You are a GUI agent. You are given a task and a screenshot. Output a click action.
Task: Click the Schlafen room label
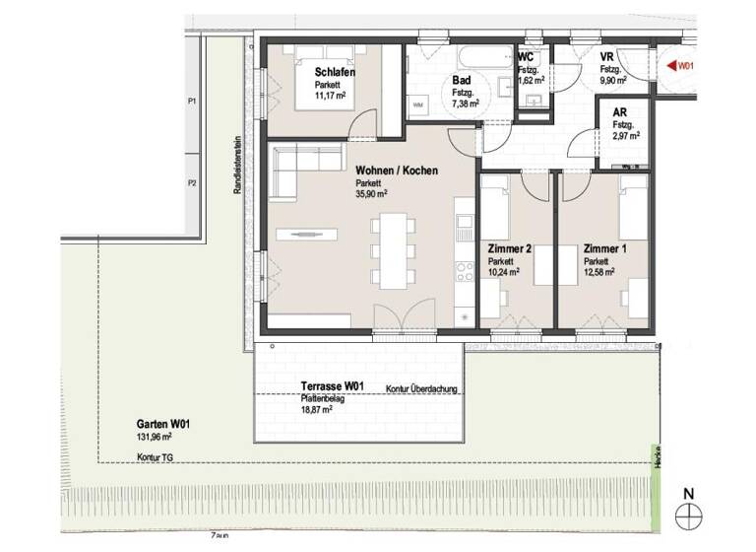(335, 73)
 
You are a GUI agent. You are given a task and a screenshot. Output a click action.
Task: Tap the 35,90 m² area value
(371, 195)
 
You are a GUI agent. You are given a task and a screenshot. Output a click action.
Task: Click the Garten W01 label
(163, 424)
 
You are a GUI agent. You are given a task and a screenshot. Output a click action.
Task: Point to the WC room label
(527, 58)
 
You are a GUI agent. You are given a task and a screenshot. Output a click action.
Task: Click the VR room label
(608, 58)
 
